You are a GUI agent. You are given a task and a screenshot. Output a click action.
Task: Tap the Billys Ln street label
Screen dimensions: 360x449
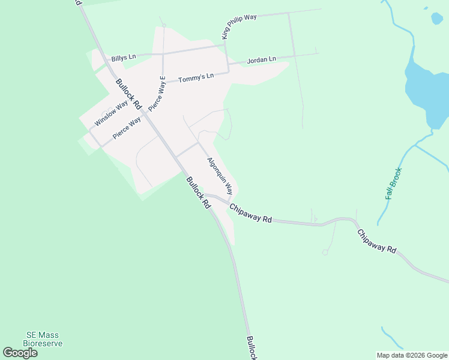point(124,58)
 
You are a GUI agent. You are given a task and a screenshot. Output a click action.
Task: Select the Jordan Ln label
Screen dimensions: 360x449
point(261,60)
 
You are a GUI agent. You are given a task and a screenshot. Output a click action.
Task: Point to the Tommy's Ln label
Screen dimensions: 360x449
point(196,77)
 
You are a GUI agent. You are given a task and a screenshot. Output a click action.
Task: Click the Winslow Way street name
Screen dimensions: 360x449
point(111,113)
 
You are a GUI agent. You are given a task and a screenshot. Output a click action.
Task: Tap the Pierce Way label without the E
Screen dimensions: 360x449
point(127,128)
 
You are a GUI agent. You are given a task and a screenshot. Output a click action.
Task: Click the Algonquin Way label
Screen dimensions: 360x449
point(220,176)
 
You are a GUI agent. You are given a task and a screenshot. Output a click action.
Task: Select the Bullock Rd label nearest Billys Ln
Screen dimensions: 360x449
point(128,94)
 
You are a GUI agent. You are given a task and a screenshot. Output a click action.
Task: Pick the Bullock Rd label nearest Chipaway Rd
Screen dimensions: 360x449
point(199,193)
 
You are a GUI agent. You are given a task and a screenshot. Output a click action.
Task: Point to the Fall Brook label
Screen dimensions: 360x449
point(394,184)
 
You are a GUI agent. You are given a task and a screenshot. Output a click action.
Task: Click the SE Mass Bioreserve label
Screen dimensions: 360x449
point(43,339)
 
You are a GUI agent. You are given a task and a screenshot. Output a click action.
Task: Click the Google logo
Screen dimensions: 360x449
point(20,353)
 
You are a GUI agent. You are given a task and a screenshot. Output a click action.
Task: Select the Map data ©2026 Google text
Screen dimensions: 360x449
point(412,355)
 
